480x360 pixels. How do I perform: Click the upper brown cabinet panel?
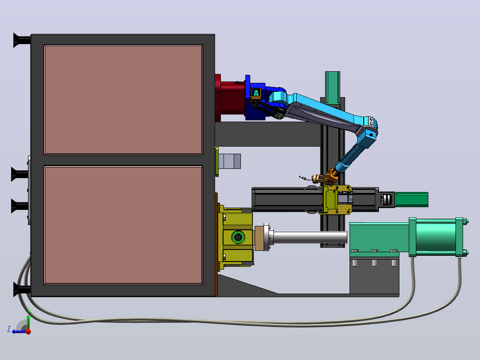click(x=123, y=100)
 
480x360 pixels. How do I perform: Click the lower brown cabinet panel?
click(x=123, y=225)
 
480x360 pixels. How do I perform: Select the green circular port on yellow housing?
click(x=238, y=237)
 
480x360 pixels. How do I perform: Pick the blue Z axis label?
click(x=9, y=329)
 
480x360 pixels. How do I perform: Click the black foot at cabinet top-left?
click(x=22, y=40)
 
